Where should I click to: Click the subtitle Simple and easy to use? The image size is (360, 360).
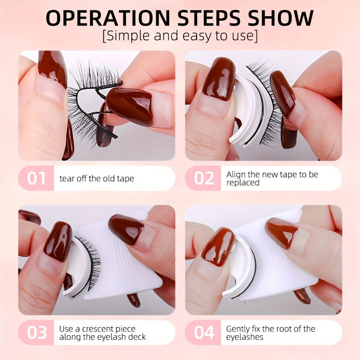tap(180, 36)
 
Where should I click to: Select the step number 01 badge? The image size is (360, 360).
tap(36, 178)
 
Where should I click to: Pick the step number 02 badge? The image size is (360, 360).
tap(203, 178)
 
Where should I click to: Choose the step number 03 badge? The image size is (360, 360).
tap(36, 333)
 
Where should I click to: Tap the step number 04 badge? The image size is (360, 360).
tap(203, 333)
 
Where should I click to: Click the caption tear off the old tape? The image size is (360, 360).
tap(97, 179)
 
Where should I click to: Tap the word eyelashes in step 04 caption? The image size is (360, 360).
tap(244, 337)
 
